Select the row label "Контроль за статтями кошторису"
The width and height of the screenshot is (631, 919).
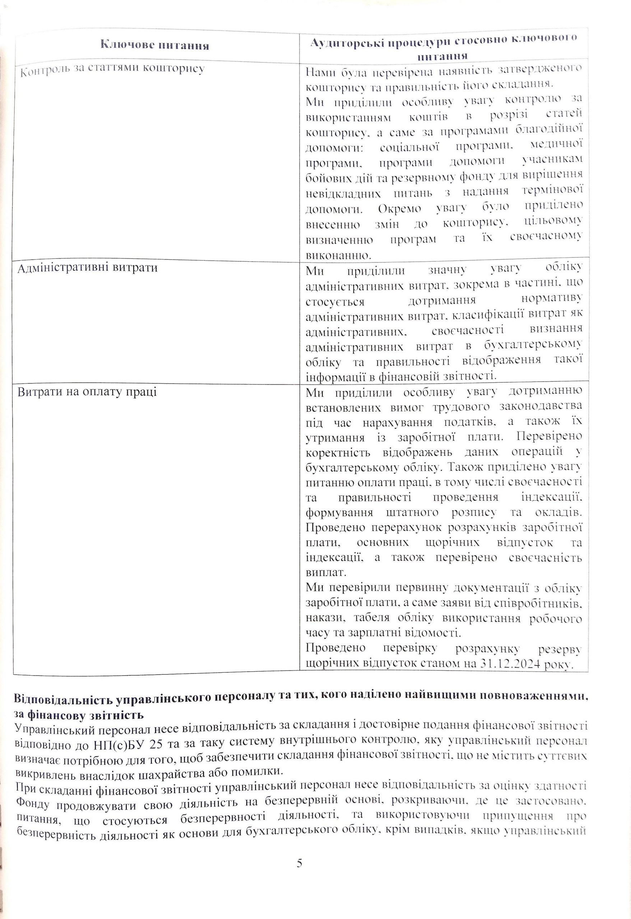point(112,70)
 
